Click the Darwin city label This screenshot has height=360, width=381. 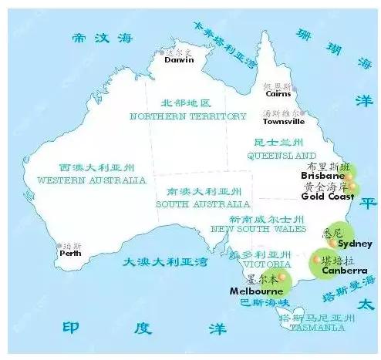pyautogui.click(x=180, y=59)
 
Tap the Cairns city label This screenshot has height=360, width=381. pyautogui.click(x=278, y=95)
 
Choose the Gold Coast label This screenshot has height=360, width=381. pyautogui.click(x=327, y=196)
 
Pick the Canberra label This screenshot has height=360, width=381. pyautogui.click(x=344, y=271)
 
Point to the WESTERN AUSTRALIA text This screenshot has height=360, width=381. pyautogui.click(x=91, y=180)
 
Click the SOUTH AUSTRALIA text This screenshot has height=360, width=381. pyautogui.click(x=203, y=204)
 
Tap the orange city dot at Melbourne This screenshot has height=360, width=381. pyautogui.click(x=282, y=278)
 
